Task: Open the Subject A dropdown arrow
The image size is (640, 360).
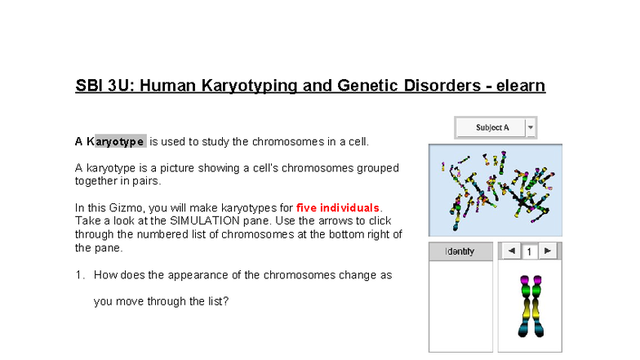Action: coord(531,127)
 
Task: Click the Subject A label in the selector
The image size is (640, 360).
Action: coord(492,127)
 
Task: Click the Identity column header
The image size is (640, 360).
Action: coord(460,251)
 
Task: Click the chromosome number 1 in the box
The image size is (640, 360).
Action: coord(528,252)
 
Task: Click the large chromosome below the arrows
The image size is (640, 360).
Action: coord(529,307)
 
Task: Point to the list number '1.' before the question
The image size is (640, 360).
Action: coord(79,275)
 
